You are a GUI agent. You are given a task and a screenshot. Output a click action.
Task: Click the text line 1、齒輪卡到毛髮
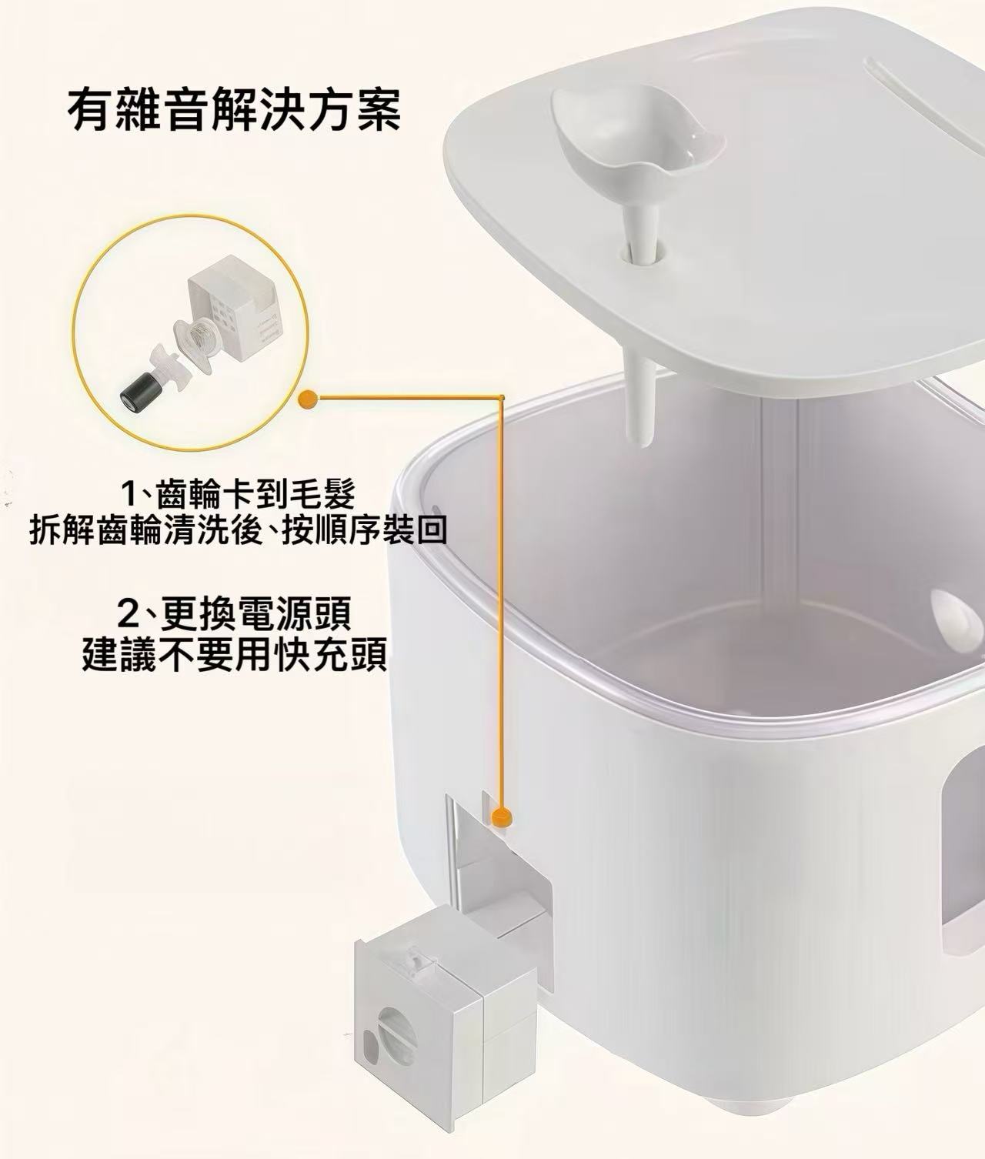(x=239, y=493)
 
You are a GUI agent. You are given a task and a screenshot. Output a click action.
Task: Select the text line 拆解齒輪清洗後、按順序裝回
(x=239, y=531)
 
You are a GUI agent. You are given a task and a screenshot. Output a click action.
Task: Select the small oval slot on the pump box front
(x=371, y=1042)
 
